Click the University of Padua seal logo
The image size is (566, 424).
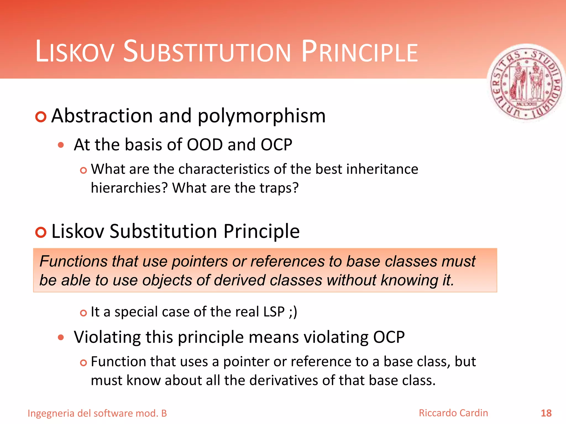[x=526, y=83]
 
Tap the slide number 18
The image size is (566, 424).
[x=546, y=413]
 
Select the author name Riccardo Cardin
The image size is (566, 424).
[x=453, y=413]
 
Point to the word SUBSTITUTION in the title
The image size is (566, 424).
[x=207, y=51]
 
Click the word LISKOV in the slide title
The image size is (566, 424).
[x=75, y=52]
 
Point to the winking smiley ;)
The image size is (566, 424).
[x=293, y=312]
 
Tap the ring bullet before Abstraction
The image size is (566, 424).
[x=41, y=117]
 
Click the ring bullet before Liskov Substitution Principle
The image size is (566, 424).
[x=41, y=232]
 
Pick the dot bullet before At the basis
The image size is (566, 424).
[x=61, y=145]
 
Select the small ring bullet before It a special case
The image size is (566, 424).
[x=83, y=313]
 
